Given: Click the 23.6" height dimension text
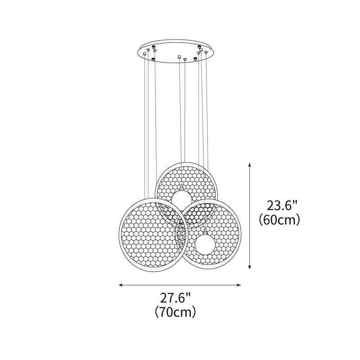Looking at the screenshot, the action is pos(282,206).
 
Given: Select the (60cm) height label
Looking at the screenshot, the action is pos(279,220).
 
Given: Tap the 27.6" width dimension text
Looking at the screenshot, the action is pos(175,298).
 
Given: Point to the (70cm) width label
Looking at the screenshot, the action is pos(175,312).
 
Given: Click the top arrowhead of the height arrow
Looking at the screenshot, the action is pos(250,164).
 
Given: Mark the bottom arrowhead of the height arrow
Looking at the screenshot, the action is pos(250,266).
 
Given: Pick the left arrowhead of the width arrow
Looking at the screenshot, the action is pos(121,285).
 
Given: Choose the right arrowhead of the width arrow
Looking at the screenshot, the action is pos(239,285).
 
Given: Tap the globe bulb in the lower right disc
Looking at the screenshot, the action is pos(205,244).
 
